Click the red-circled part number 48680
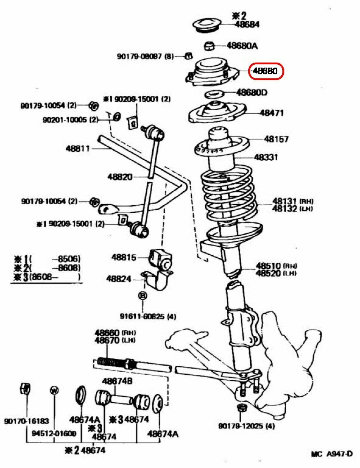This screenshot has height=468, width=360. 266,71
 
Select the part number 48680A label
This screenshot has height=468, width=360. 242,46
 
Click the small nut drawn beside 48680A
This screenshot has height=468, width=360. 209,46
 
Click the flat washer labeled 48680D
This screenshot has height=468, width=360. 214,94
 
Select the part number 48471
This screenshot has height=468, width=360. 272,113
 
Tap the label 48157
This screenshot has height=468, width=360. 276,139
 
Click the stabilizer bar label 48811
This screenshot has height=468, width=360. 78,149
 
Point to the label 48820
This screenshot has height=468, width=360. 120,177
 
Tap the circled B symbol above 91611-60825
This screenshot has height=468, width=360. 143,296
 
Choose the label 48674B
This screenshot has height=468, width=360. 117,381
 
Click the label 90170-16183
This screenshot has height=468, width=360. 27,421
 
